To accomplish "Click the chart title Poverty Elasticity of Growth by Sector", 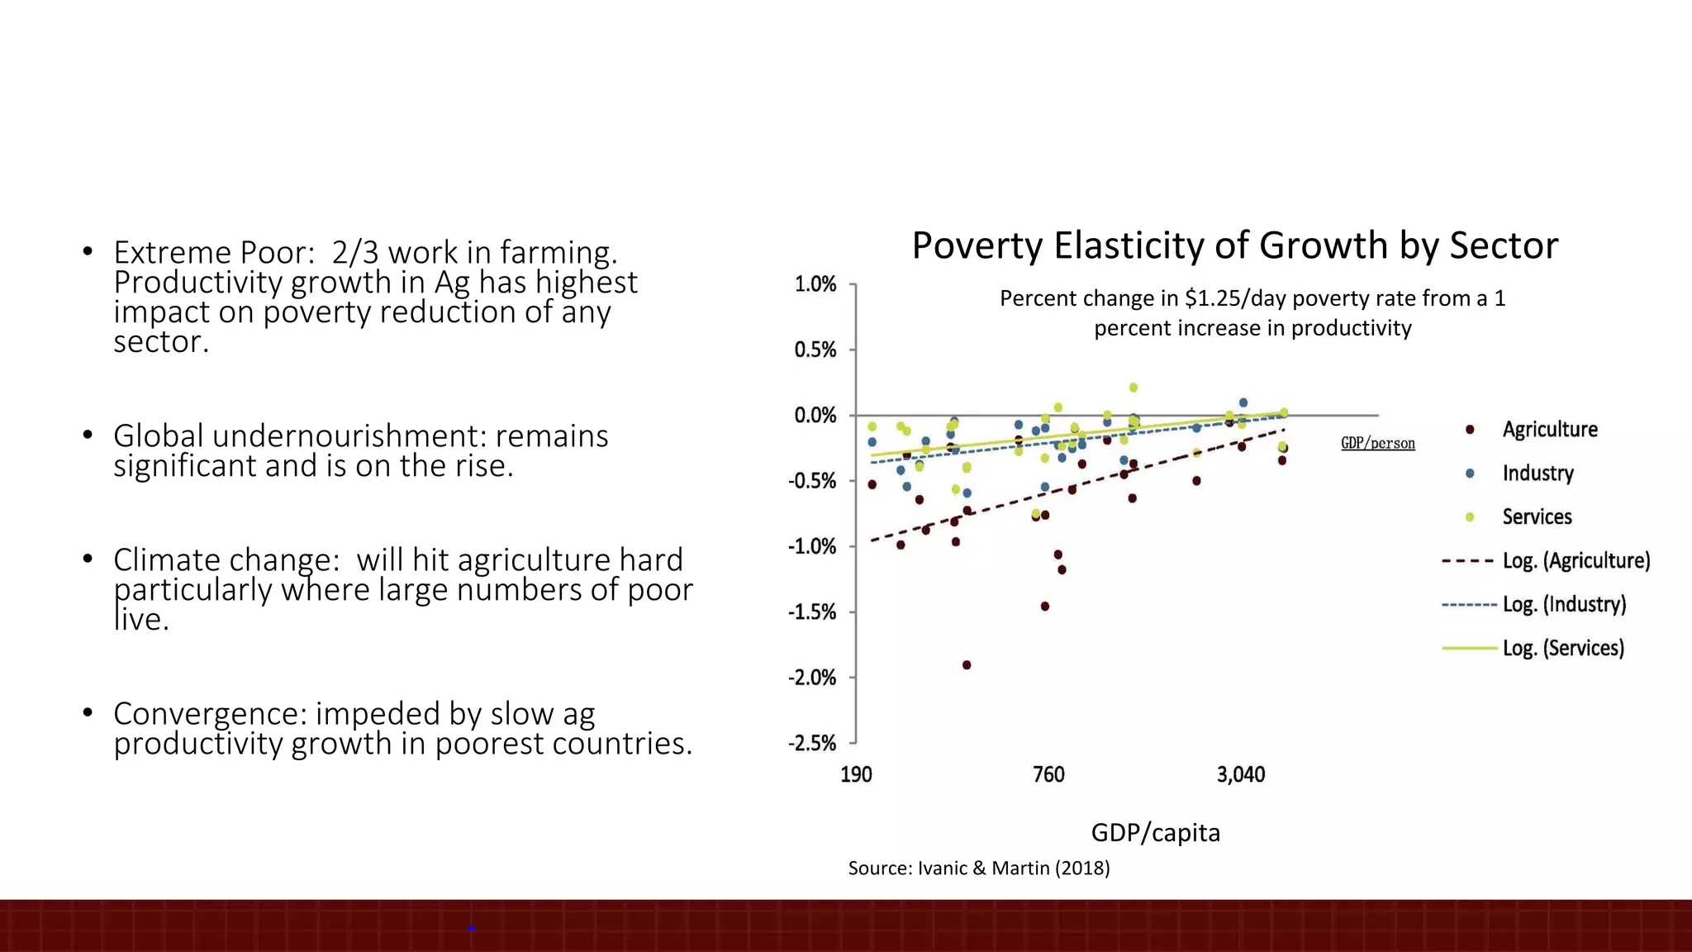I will click(x=1234, y=246).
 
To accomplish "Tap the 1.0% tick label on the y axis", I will click(x=815, y=284).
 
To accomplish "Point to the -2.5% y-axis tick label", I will click(x=812, y=743).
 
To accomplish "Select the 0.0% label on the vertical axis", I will click(x=815, y=416).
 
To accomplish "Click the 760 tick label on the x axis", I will click(x=1048, y=775).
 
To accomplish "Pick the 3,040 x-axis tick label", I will click(x=1240, y=775).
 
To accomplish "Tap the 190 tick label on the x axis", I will click(x=856, y=775).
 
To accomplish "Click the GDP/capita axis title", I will click(x=1155, y=832).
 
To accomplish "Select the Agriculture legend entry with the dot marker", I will click(x=1549, y=430).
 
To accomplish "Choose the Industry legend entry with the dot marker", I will click(x=1538, y=474).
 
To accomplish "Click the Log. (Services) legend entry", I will click(x=1562, y=648).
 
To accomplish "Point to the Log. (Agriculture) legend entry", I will click(x=1576, y=560).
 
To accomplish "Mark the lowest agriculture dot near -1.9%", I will click(x=967, y=665).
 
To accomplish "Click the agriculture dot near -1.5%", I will click(x=1044, y=607).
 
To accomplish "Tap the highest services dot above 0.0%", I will click(x=1134, y=388).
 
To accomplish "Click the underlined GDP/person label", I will click(x=1377, y=444).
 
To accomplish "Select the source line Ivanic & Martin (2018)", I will click(x=979, y=869).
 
